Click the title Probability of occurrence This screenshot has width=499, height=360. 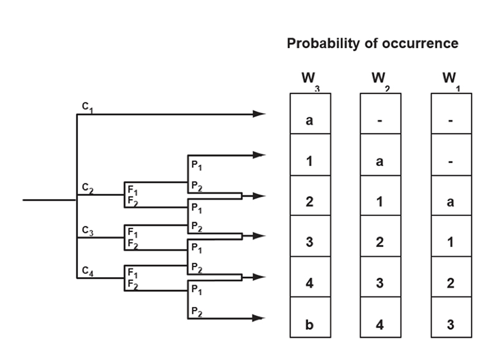coord(372,44)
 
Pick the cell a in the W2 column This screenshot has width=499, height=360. coord(380,162)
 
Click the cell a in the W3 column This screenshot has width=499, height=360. coord(310,120)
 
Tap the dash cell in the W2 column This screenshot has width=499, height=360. coord(380,120)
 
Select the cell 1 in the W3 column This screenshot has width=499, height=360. coord(310,162)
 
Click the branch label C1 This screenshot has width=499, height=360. coord(87,107)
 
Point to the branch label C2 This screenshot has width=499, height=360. coord(87,188)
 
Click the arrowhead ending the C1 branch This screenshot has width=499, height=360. coord(259,114)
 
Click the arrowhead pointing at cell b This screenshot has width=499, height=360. coord(259,318)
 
